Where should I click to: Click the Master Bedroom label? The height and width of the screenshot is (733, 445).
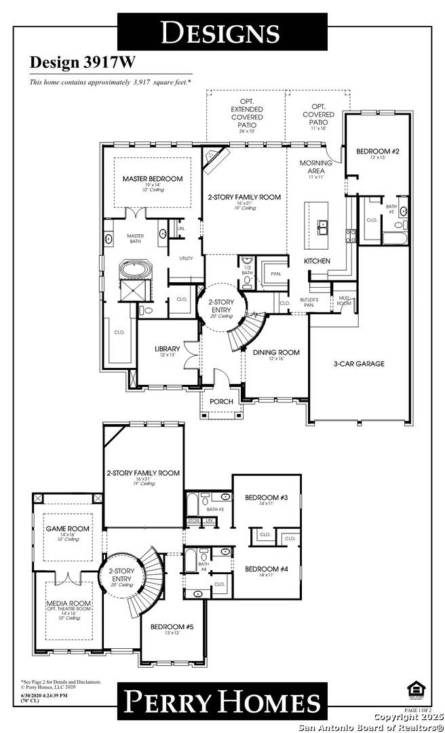[x=152, y=178]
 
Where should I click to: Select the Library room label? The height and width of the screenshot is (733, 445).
[x=167, y=349]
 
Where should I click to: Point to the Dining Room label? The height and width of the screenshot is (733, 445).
[x=276, y=352]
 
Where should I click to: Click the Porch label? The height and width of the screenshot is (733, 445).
[x=221, y=401]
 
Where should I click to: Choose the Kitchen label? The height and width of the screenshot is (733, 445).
[x=317, y=261]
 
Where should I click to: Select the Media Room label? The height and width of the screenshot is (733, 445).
[x=65, y=603]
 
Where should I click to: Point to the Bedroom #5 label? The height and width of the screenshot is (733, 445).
[x=172, y=626]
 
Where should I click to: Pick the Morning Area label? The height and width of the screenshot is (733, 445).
[x=315, y=167]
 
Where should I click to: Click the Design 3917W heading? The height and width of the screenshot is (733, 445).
[x=82, y=62]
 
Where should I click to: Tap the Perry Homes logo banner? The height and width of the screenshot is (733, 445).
[x=222, y=703]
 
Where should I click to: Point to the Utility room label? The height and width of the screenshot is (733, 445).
[x=187, y=259]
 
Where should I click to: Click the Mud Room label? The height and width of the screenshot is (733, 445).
[x=344, y=301]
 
